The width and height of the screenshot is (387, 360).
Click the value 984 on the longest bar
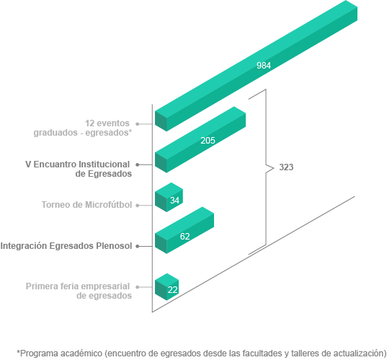[264, 66]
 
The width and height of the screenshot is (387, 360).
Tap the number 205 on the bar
[208, 141]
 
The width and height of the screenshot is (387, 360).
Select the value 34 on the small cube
[174, 200]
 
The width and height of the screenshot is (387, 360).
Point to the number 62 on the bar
[185, 237]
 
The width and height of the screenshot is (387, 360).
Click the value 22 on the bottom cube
[172, 290]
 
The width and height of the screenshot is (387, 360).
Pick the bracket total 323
[286, 167]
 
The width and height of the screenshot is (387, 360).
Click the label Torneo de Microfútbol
[86, 205]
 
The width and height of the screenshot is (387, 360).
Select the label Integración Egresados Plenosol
[66, 246]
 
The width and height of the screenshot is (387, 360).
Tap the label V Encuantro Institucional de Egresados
[79, 169]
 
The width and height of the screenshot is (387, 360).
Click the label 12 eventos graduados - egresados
[83, 128]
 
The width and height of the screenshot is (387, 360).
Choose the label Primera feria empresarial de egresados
[79, 291]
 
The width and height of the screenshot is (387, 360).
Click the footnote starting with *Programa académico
[201, 354]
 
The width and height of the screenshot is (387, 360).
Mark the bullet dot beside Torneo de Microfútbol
[138, 206]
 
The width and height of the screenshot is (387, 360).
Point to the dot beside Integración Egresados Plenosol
[138, 246]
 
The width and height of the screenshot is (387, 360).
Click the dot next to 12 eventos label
[138, 124]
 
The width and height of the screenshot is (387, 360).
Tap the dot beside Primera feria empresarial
[138, 287]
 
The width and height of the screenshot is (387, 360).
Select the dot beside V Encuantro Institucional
[138, 164]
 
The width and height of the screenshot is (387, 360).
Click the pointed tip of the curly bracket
[274, 168]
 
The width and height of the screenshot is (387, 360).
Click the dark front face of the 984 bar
[161, 121]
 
